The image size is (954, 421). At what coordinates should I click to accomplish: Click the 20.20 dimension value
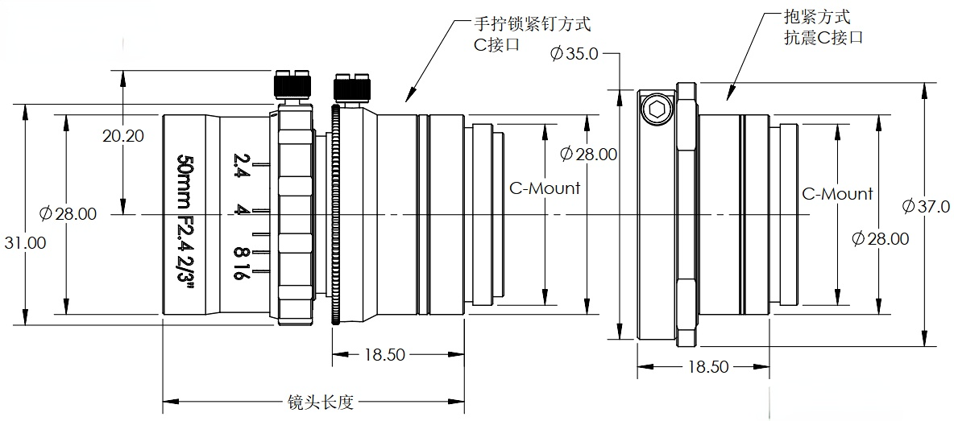pyautogui.click(x=123, y=136)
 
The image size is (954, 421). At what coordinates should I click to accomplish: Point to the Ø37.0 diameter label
pyautogui.click(x=926, y=207)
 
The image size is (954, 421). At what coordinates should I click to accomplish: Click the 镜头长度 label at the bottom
pyautogui.click(x=321, y=401)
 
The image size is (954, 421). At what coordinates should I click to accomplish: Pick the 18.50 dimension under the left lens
pyautogui.click(x=384, y=355)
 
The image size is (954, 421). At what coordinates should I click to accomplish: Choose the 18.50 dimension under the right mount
pyautogui.click(x=708, y=367)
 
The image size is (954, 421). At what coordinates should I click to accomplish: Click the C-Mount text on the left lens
pyautogui.click(x=545, y=189)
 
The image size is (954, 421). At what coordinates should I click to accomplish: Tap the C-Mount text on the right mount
pyautogui.click(x=837, y=194)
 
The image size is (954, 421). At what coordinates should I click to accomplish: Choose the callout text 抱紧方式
pyautogui.click(x=816, y=17)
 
